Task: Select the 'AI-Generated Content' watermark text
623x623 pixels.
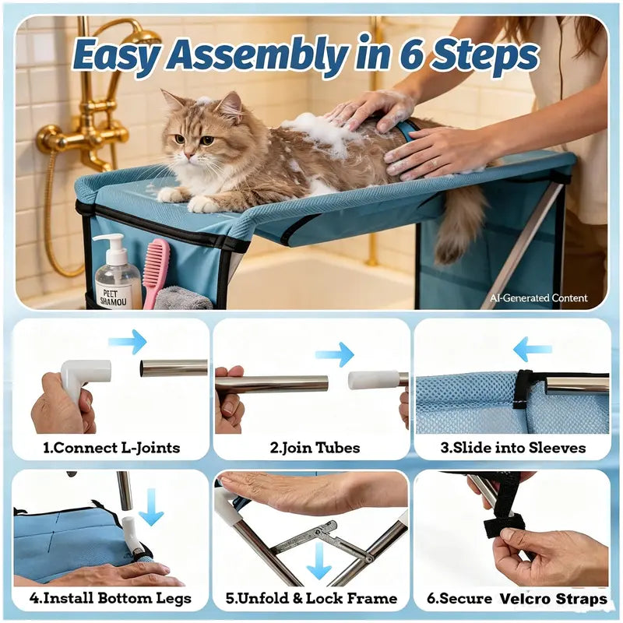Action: (538, 298)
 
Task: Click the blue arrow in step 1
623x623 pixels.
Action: (127, 341)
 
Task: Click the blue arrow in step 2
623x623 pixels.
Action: (335, 354)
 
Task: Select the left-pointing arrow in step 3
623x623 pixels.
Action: (533, 349)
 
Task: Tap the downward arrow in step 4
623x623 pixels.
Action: (150, 507)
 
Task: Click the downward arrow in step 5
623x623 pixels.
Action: (319, 561)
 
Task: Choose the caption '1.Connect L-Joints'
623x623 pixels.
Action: (111, 448)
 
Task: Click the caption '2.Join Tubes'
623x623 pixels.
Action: (315, 448)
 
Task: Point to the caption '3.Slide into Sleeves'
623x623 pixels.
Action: (513, 448)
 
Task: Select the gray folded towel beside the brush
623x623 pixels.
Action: (182, 298)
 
